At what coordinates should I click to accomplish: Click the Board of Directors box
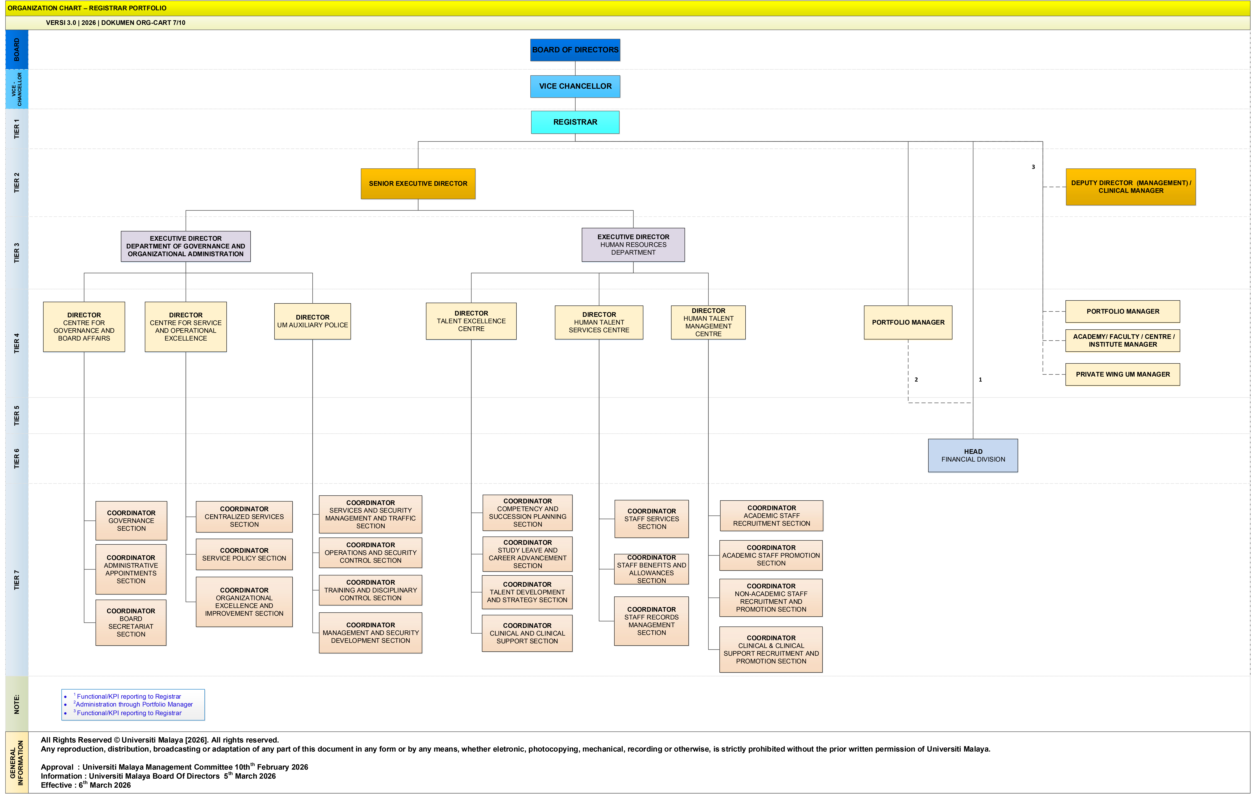[x=575, y=50]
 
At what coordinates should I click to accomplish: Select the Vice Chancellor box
[x=575, y=86]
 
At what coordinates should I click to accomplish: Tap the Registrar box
[x=575, y=122]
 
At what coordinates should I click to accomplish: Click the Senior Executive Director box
[x=418, y=183]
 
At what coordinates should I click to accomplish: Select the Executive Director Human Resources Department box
[x=633, y=245]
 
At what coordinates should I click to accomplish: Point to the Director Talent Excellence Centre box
[x=471, y=321]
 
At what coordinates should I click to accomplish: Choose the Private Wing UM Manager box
[x=1123, y=374]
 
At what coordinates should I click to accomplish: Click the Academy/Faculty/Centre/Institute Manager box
[x=1123, y=340]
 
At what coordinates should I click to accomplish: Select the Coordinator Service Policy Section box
[x=244, y=554]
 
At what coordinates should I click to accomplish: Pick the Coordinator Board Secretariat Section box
[x=131, y=623]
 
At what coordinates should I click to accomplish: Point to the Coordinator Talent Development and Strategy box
[x=527, y=592]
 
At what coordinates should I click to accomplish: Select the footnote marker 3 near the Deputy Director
[x=1033, y=167]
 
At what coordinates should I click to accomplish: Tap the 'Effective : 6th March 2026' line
[x=86, y=785]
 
